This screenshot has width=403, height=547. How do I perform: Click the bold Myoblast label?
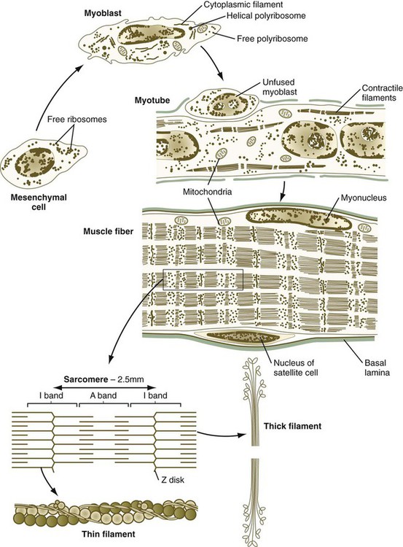coord(103,13)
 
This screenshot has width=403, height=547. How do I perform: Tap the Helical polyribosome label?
coord(266,16)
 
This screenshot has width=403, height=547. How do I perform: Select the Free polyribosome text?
coord(273,39)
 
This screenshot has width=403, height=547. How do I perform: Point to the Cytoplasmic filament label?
coord(243,4)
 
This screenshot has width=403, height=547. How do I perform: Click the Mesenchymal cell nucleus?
coord(35,162)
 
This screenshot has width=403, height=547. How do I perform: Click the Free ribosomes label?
coord(77,120)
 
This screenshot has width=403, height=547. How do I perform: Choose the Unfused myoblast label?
coord(279,87)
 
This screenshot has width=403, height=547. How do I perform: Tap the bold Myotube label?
coord(152,101)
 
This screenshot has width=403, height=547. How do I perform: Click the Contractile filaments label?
coord(382,93)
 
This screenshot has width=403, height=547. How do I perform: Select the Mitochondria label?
coord(207,192)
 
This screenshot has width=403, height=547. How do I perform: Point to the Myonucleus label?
coord(364,198)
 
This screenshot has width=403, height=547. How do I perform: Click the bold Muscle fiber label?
coord(108,231)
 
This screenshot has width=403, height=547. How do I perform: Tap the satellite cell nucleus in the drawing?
coord(243,337)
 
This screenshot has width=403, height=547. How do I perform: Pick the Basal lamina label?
coord(377,368)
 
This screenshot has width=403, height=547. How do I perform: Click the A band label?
coord(103,395)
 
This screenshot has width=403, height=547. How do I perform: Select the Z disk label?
coord(173,480)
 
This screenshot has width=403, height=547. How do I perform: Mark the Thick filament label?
coord(292,426)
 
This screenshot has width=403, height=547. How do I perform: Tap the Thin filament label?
coord(109,534)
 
